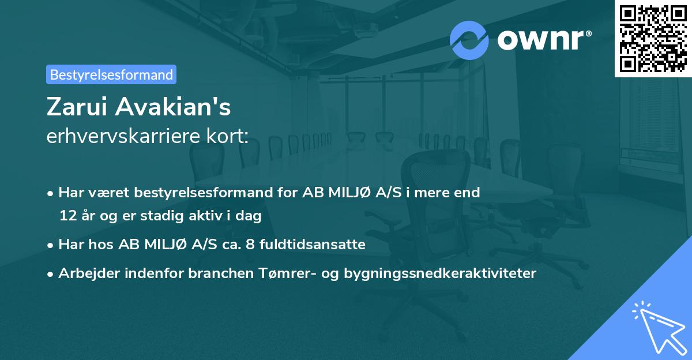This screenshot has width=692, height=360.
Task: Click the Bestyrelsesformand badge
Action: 111,74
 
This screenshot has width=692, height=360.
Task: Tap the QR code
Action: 653,38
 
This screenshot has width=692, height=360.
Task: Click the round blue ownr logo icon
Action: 469,40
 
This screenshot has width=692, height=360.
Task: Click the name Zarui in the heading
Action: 76,108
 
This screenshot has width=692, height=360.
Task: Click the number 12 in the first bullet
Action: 66,216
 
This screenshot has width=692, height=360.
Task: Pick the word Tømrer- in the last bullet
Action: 273,273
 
